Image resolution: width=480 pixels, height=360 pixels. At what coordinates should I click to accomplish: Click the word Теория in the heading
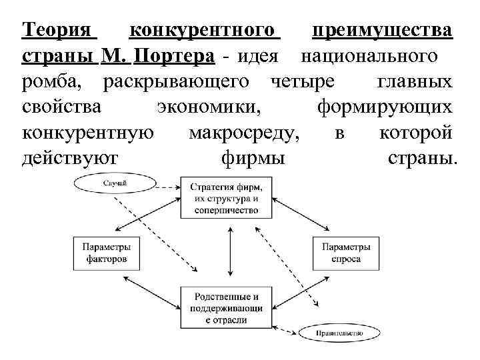coord(59,31)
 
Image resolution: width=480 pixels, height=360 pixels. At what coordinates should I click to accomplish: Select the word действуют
coord(69,159)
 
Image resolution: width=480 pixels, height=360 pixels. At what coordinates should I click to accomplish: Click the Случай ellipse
coord(116,183)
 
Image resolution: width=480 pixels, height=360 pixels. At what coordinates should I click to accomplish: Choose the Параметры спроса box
coord(345,253)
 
